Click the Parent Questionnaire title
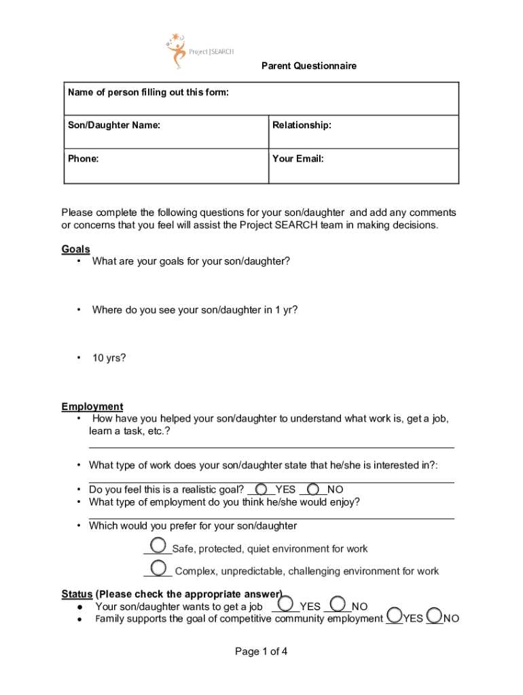(309, 66)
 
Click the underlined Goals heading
(75, 249)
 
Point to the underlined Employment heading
(92, 407)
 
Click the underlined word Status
(77, 595)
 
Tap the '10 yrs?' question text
(109, 358)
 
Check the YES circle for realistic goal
(261, 489)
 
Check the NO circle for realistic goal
(314, 489)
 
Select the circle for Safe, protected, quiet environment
(158, 545)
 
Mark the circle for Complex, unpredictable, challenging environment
(159, 567)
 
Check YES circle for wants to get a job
(287, 603)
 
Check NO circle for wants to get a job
(338, 603)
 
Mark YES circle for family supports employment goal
(394, 616)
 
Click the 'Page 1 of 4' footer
(261, 652)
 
